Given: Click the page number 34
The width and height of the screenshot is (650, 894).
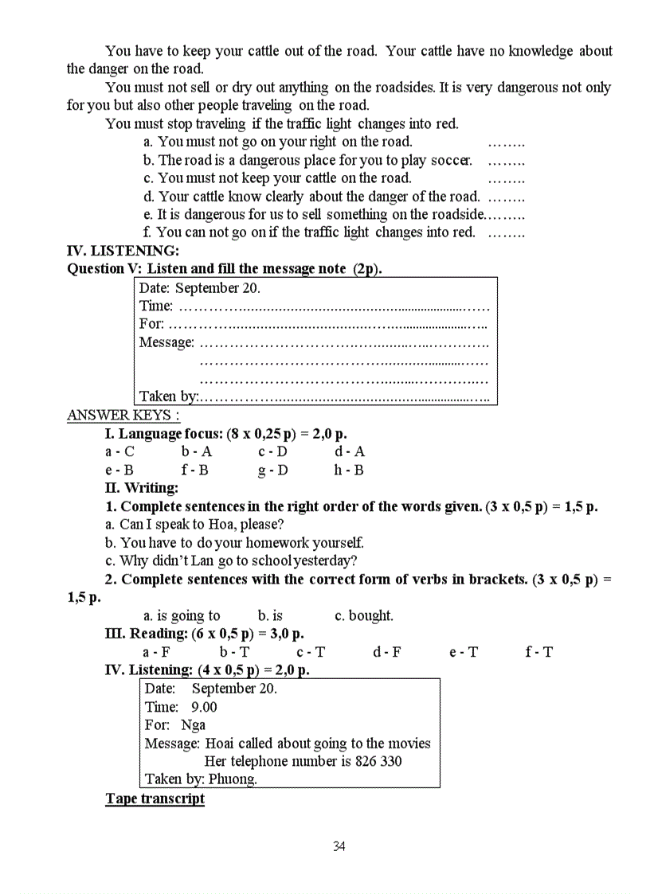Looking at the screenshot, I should point(339,846).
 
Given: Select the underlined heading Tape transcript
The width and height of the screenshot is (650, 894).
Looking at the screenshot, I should point(155,798).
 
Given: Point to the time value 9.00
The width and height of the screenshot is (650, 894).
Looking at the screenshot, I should point(204,707).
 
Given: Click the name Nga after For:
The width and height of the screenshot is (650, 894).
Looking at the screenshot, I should point(193,724).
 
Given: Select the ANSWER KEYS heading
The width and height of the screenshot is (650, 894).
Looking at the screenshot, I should point(123,415).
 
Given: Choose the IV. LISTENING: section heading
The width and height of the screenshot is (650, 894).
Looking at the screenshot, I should point(123,251).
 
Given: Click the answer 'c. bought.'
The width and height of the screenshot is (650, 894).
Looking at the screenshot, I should point(364,615).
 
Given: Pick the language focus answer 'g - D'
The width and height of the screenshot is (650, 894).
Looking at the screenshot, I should point(272,470).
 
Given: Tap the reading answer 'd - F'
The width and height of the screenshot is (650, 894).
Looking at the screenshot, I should point(387,652).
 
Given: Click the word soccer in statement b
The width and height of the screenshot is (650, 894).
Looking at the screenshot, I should point(451,160).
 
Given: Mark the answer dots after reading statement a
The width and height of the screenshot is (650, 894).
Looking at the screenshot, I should point(506,142).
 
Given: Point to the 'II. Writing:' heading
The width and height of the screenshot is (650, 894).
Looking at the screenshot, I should point(142,488).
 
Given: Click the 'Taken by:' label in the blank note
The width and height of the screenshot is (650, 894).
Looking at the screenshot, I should point(168,396).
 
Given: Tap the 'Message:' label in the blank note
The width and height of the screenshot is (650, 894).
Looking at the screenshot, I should point(166,342).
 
